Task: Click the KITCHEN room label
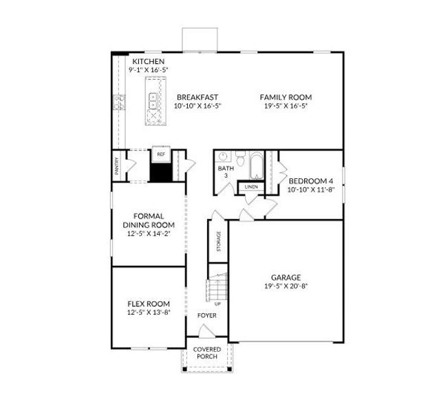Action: click(149, 62)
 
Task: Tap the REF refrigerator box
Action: click(160, 155)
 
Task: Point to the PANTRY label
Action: click(117, 166)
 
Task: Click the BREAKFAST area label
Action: click(196, 97)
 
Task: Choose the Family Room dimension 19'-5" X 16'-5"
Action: click(285, 106)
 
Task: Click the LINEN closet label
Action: click(250, 187)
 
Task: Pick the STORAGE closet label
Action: click(219, 240)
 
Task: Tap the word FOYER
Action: click(206, 315)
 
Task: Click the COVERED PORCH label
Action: click(206, 353)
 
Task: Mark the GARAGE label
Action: click(286, 277)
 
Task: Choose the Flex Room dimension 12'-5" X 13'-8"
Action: click(148, 313)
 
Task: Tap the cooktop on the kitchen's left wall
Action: click(119, 103)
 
